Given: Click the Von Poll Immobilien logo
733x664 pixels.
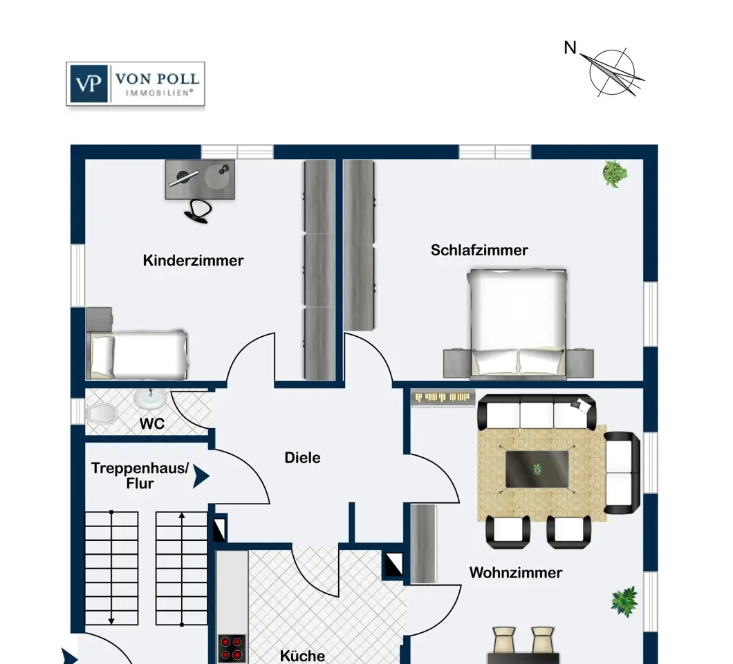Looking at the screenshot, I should click(x=136, y=84).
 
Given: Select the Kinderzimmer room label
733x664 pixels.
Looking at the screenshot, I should click(x=194, y=261).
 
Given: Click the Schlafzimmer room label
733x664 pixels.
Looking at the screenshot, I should click(x=479, y=250).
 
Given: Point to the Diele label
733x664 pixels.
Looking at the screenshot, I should click(x=302, y=458).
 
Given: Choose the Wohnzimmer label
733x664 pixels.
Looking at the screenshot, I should click(x=515, y=573).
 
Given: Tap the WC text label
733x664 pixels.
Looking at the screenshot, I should click(x=152, y=423).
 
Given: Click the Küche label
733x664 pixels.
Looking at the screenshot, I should click(x=302, y=655).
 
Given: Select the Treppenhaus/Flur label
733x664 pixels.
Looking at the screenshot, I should click(x=140, y=476).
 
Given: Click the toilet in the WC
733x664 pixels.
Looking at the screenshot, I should click(x=101, y=413).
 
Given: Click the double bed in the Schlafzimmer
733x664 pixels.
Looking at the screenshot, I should click(x=517, y=324).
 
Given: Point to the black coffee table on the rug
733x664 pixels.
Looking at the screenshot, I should click(x=537, y=469).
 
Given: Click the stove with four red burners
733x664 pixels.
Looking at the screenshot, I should click(x=232, y=648).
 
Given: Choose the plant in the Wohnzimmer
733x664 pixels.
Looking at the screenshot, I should click(x=624, y=600).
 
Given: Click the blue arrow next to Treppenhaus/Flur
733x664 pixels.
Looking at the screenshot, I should click(x=201, y=476).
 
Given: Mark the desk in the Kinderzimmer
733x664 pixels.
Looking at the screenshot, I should click(x=200, y=179).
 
